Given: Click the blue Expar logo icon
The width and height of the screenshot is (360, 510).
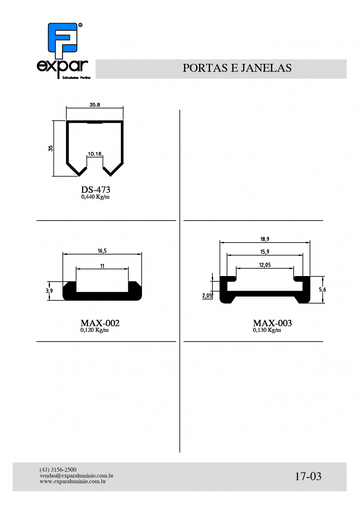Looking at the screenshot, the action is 63,40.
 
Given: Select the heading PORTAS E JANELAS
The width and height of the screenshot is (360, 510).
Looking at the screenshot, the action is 237,68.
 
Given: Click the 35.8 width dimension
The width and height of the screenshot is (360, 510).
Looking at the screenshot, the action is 95,105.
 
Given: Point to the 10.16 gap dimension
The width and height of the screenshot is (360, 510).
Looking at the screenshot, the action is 95,154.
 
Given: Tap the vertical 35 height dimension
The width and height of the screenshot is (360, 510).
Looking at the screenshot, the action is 51,148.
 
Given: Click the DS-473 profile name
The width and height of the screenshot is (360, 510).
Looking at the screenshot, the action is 95,189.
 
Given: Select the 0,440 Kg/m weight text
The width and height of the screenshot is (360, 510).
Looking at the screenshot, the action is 95,197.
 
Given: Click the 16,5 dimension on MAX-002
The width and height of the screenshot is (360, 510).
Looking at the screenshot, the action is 102,251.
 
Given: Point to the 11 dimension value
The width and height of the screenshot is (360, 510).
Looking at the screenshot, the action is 102,266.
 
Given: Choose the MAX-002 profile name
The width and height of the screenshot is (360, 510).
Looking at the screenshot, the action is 100,323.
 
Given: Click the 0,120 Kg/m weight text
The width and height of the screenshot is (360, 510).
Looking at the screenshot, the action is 94,330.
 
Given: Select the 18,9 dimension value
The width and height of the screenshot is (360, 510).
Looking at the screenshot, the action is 265,239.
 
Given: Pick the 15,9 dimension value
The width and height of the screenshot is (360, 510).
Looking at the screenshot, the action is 265,252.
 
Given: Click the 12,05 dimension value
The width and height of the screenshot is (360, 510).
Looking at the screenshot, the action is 265,265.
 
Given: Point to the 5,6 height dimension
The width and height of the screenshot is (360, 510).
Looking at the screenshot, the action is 322,290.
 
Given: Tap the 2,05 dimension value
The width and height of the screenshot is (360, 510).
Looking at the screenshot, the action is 207,295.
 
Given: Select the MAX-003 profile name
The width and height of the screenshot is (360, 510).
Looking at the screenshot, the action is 272,323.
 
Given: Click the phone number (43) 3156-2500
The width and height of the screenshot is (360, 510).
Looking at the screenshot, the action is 58,470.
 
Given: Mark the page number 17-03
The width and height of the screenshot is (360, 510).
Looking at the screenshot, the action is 308,476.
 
